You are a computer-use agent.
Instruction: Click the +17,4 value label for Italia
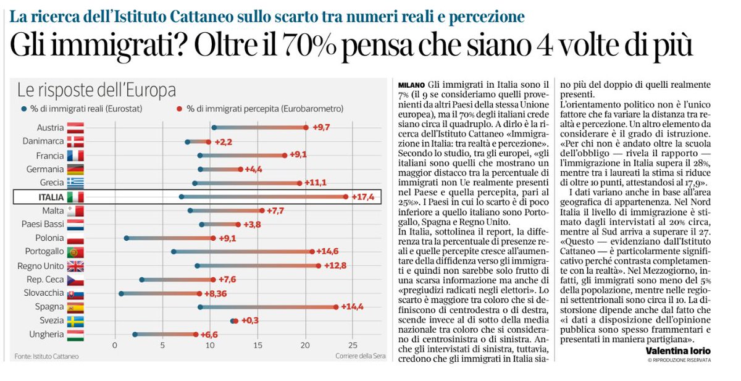click(x=364, y=197)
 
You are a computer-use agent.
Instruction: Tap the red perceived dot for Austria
click(x=306, y=128)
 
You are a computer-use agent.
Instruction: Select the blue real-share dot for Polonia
click(x=127, y=238)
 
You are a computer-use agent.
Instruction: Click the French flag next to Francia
click(x=75, y=156)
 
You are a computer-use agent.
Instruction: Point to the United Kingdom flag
click(x=75, y=266)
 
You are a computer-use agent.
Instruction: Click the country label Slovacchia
click(x=41, y=293)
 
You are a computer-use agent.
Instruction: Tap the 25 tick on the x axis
click(x=352, y=345)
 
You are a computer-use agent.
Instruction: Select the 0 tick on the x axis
click(x=115, y=345)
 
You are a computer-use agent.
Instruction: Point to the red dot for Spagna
click(x=336, y=307)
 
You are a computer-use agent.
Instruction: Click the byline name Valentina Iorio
click(x=678, y=351)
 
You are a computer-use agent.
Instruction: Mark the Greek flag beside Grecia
click(x=75, y=183)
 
